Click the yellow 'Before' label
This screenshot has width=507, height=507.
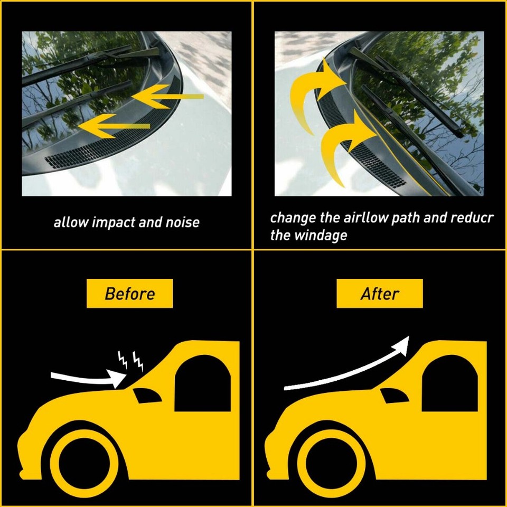[x=129, y=294]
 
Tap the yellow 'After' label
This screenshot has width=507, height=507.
[x=379, y=294]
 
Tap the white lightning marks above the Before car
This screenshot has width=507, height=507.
[x=130, y=361]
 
